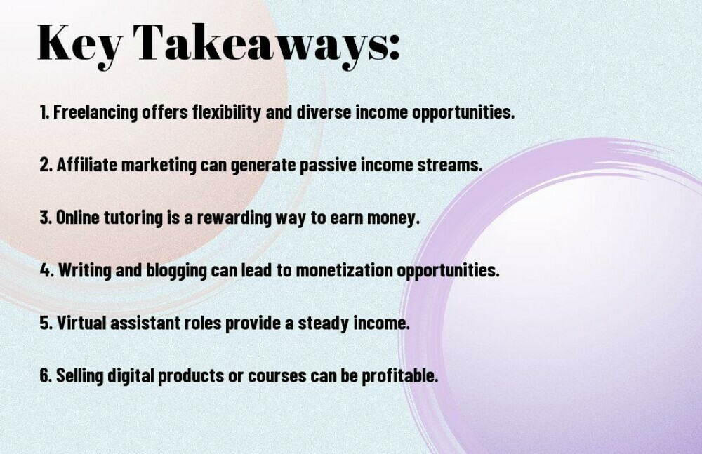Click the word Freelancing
coord(95,112)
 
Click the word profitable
coord(400,375)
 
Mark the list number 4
coord(46,270)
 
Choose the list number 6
coord(46,375)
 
